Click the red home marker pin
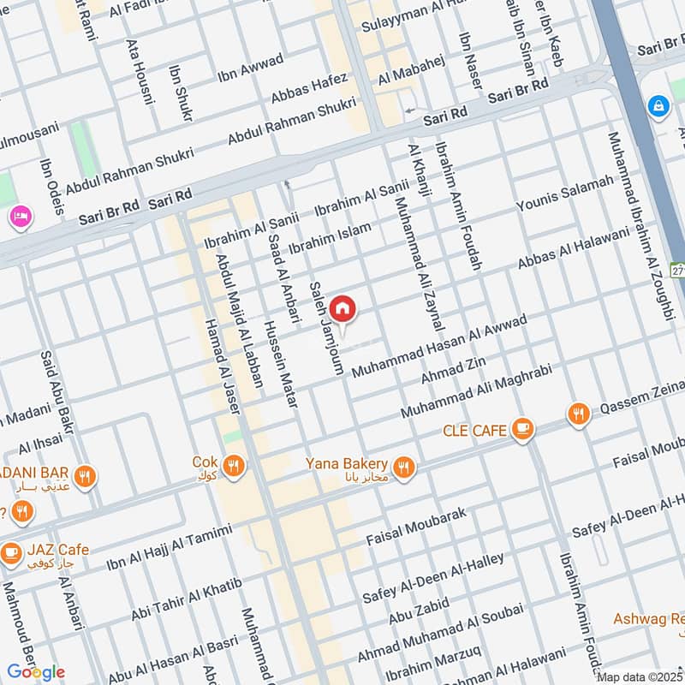[x=342, y=308]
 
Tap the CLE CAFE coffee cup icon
[x=522, y=430]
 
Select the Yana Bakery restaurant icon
[x=405, y=467]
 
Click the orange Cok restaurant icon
[x=233, y=467]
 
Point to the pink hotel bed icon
[x=18, y=217]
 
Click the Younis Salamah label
[x=565, y=194]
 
